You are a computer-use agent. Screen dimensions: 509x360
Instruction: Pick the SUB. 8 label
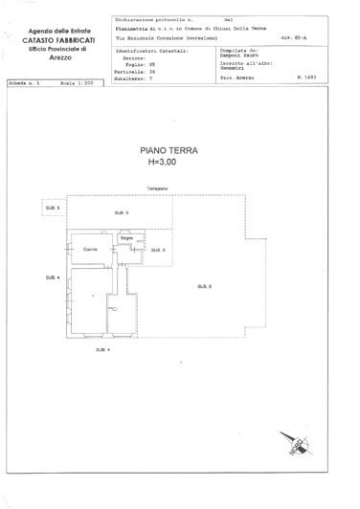click(x=204, y=286)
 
